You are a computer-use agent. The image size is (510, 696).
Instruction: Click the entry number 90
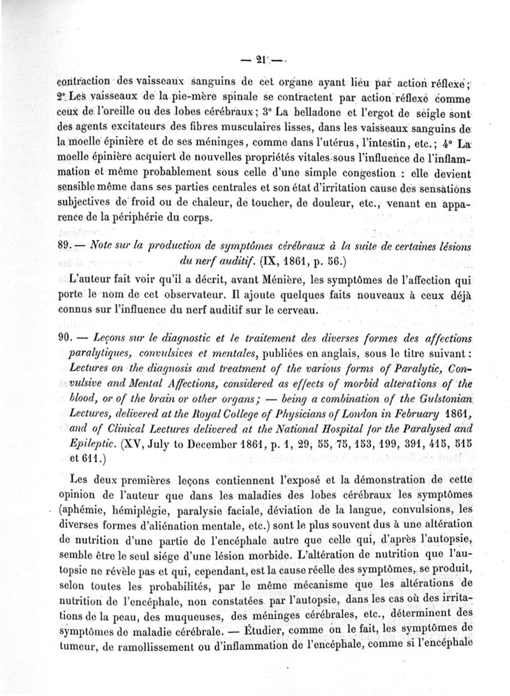[x=75, y=339]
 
